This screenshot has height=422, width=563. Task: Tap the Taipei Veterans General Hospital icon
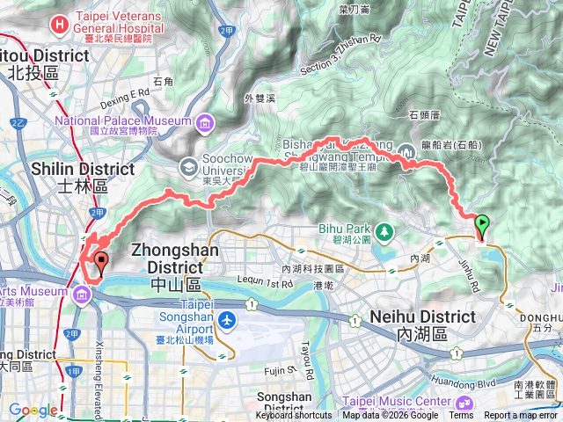click(x=59, y=24)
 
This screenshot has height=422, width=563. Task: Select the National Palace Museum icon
click(x=205, y=120)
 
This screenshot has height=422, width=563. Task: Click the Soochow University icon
click(x=188, y=165)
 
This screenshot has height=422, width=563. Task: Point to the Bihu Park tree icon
click(x=384, y=232)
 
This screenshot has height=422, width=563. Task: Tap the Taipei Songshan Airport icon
click(x=228, y=318)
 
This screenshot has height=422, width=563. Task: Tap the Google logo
click(x=33, y=410)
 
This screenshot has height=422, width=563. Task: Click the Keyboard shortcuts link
click(x=294, y=415)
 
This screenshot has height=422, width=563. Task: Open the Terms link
click(x=461, y=415)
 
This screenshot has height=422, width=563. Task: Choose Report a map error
click(x=521, y=415)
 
